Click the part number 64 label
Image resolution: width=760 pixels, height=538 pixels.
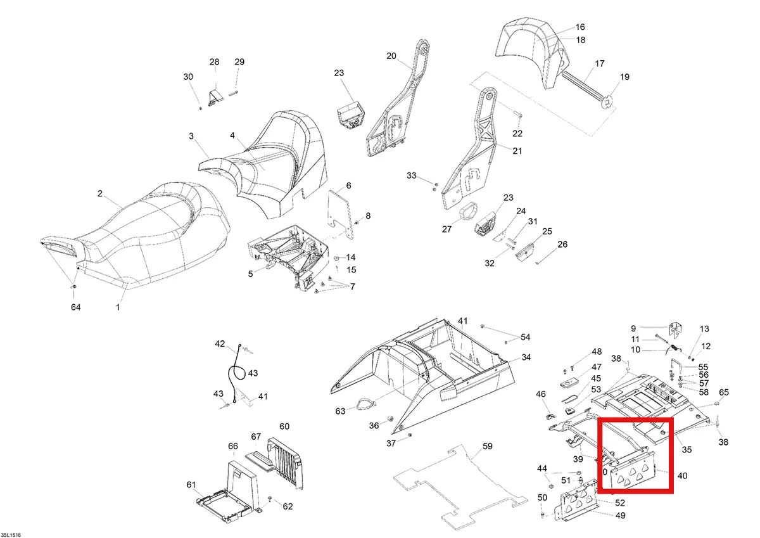tap(75, 307)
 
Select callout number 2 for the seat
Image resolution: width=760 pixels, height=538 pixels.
tap(100, 193)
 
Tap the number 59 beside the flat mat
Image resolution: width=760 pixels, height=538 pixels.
tap(488, 446)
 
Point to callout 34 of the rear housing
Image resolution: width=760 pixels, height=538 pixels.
tap(526, 357)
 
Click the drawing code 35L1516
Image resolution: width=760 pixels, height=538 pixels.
tap(11, 535)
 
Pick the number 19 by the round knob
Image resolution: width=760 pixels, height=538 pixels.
tap(624, 77)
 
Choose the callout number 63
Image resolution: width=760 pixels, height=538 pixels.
tap(340, 411)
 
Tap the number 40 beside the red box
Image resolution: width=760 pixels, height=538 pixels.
tap(682, 476)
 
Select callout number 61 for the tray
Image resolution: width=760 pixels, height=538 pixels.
tap(191, 484)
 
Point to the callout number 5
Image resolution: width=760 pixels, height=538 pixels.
tap(250, 274)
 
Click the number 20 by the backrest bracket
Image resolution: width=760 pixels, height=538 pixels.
tap(391, 56)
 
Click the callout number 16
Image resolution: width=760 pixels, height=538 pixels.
tap(580, 27)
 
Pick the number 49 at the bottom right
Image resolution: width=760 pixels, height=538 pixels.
tap(621, 516)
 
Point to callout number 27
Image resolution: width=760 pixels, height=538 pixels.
tap(447, 229)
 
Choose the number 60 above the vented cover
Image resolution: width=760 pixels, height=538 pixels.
tap(284, 426)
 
